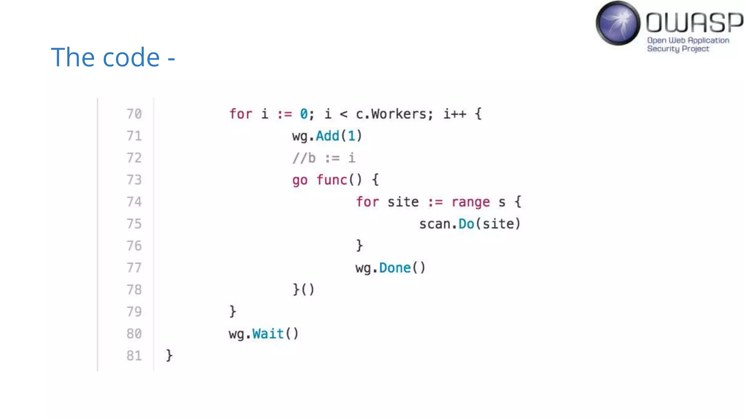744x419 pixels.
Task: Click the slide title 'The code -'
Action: pos(113,57)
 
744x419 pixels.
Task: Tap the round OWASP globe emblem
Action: pos(618,23)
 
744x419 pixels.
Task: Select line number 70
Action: pos(134,114)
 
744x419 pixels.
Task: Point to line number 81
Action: pos(134,356)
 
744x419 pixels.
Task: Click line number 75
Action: pos(134,224)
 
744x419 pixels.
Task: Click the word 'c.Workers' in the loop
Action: pos(391,114)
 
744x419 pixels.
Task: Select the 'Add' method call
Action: pos(327,136)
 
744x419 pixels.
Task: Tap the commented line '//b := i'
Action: pos(324,158)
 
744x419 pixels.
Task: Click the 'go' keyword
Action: pos(300,180)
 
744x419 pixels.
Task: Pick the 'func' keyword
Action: pos(331,180)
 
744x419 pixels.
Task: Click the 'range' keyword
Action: pos(470,202)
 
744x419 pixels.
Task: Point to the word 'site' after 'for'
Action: pos(403,202)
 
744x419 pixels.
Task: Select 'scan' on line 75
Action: pos(434,224)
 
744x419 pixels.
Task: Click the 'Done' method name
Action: pos(395,268)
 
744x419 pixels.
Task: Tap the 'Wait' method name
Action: pos(268,334)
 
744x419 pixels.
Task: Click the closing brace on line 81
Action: pos(169,355)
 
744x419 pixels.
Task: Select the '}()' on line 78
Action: pos(303,290)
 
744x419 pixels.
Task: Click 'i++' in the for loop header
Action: pos(454,114)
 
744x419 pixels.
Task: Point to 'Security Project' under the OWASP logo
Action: pos(678,49)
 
